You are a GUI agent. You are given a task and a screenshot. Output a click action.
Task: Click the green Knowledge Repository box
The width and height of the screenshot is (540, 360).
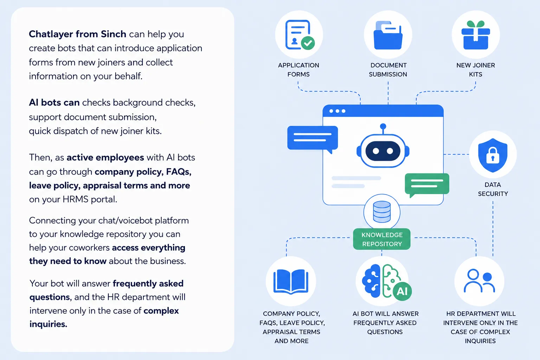click(381, 239)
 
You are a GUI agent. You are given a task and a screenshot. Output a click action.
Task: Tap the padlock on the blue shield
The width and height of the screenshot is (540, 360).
click(493, 155)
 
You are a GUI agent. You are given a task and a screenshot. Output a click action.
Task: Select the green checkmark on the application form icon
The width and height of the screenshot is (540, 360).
click(308, 43)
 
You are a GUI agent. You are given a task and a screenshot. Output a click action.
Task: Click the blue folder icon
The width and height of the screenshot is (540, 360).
click(388, 35)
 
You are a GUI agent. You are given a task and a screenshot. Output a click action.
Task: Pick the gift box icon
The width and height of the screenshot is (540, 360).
click(476, 35)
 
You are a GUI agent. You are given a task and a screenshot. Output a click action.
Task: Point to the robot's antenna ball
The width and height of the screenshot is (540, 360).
click(383, 126)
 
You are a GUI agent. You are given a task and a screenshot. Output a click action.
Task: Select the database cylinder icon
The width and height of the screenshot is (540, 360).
click(382, 212)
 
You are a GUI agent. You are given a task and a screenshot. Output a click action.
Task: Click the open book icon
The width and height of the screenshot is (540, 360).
click(291, 282)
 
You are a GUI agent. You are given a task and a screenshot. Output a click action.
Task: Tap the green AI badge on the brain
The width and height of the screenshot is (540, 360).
click(402, 291)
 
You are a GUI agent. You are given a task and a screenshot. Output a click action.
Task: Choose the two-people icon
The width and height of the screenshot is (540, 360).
click(480, 281)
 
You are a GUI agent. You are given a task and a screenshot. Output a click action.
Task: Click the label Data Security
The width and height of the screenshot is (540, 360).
click(493, 189)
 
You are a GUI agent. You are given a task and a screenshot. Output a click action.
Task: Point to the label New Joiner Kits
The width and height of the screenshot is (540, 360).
click(476, 70)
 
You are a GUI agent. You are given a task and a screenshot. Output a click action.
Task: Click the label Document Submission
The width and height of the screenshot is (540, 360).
click(388, 70)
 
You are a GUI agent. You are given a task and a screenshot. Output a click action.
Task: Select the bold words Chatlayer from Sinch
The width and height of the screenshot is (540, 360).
click(77, 34)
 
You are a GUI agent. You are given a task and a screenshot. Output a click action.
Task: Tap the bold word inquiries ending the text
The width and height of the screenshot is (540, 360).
click(48, 324)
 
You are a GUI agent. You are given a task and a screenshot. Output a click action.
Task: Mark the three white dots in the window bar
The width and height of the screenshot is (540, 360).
click(337, 111)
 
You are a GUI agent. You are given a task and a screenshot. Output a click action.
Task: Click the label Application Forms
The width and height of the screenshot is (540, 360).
click(298, 70)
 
